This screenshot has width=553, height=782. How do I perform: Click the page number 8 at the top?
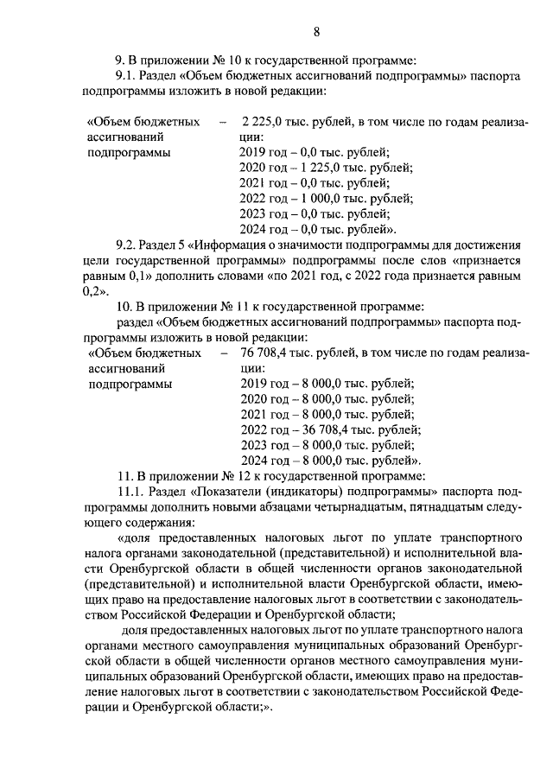tap(316, 32)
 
